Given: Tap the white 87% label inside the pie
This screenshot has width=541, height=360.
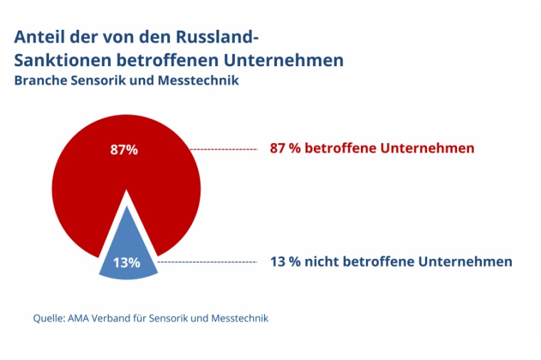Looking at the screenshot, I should pyautogui.click(x=124, y=150).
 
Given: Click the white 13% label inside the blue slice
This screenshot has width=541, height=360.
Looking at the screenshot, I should pyautogui.click(x=126, y=263).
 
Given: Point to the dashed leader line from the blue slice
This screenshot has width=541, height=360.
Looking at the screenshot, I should pyautogui.click(x=206, y=263).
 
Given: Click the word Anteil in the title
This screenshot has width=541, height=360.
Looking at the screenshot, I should pyautogui.click(x=37, y=36).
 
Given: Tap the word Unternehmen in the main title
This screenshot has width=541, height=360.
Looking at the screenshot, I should pyautogui.click(x=288, y=60).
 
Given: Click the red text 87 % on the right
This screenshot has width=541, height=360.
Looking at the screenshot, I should pyautogui.click(x=285, y=149).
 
